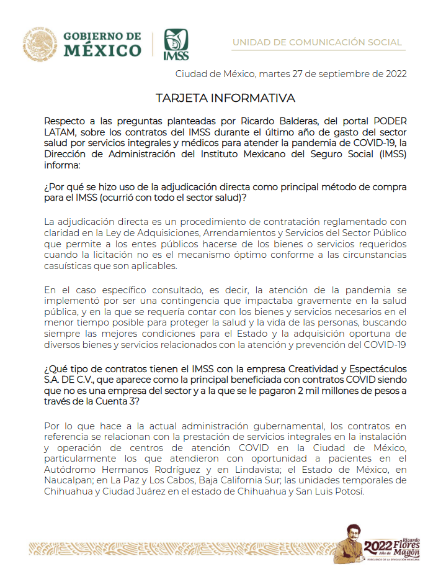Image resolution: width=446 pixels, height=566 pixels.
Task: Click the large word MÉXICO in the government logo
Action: click(102, 49)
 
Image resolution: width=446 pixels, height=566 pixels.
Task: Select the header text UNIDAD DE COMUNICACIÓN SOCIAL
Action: click(317, 42)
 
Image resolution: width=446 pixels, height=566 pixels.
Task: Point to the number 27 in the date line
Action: click(293, 75)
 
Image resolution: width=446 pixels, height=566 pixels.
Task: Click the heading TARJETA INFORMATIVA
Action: click(225, 99)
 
